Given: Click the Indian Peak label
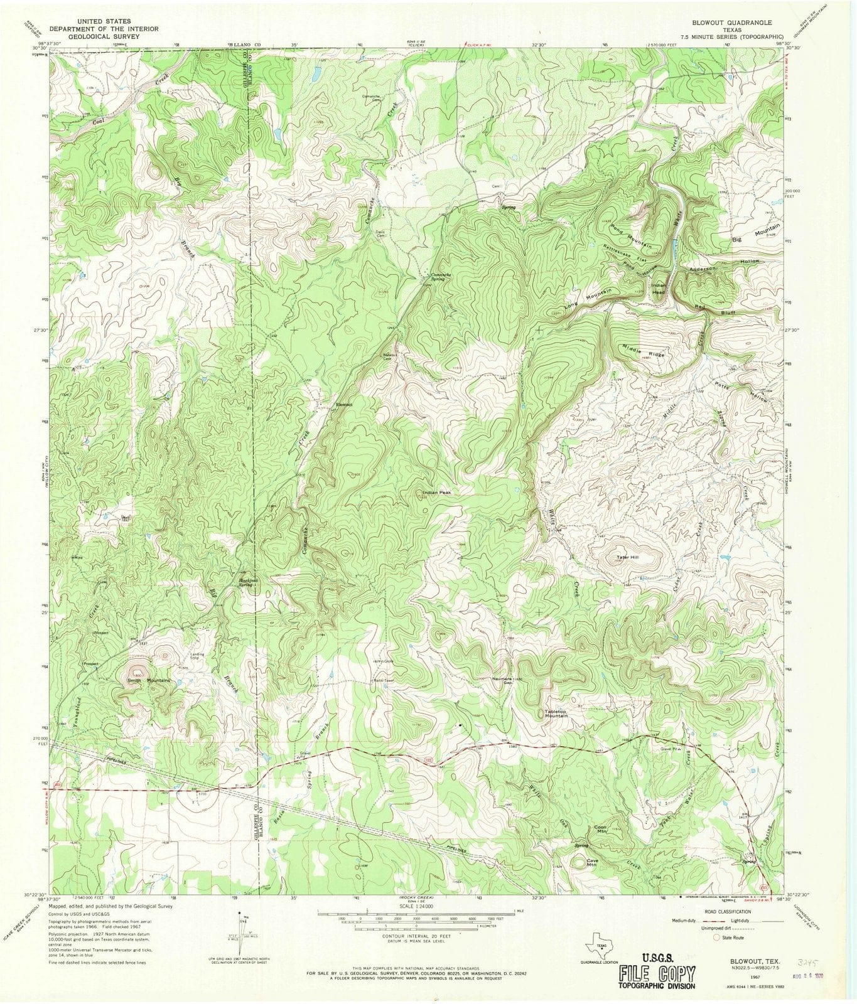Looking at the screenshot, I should [437, 493].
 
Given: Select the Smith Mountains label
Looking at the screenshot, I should [149, 680].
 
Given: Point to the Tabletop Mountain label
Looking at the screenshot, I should [556, 713].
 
